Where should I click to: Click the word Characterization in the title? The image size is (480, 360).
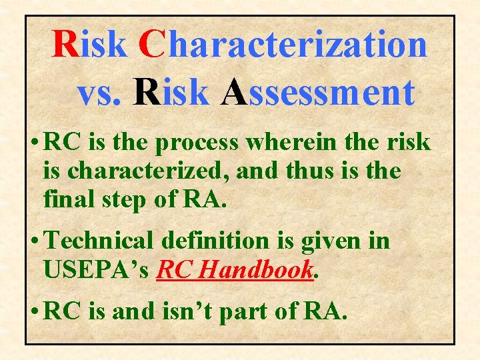283,45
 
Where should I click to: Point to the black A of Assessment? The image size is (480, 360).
234,92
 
